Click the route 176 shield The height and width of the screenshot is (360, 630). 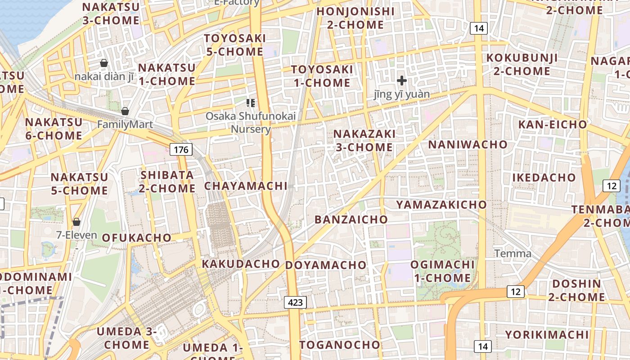click(x=181, y=149)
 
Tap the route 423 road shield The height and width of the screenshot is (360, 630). click(x=295, y=302)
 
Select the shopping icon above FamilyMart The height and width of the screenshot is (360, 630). click(x=125, y=111)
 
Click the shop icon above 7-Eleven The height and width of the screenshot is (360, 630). click(x=76, y=221)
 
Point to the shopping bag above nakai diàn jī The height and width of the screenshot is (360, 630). click(x=104, y=63)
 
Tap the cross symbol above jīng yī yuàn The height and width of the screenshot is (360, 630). click(x=402, y=81)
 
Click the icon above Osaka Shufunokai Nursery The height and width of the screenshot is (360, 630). click(x=251, y=103)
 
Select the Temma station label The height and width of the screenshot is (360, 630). click(x=513, y=253)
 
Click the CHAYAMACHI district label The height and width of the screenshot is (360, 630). click(x=246, y=186)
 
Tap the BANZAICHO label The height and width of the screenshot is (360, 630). click(x=351, y=220)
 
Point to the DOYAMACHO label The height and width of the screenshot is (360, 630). click(x=326, y=265)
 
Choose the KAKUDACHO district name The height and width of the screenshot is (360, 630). click(x=241, y=264)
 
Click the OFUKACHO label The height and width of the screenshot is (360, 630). click(x=137, y=238)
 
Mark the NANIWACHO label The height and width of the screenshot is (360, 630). click(x=468, y=144)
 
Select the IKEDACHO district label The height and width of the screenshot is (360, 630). click(x=544, y=178)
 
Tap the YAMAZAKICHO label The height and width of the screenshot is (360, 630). click(x=441, y=205)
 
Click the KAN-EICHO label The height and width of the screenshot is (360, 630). click(x=553, y=124)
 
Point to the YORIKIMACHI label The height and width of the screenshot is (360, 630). click(x=546, y=335)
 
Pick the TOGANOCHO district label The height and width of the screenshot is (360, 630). click(x=340, y=345)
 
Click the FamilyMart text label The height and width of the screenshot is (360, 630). click(x=125, y=125)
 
